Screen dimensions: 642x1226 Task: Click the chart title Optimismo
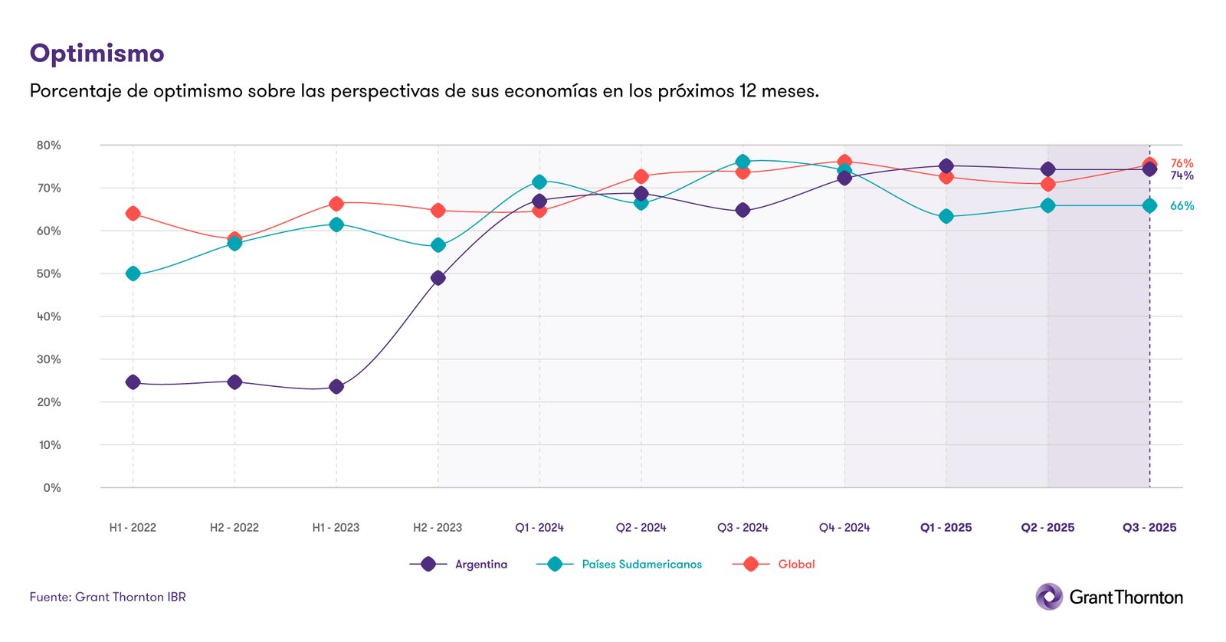97,54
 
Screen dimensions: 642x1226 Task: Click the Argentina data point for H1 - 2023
336,387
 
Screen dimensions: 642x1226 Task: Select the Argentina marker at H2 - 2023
438,278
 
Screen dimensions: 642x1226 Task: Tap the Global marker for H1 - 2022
133,214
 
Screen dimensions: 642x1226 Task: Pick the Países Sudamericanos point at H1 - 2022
133,274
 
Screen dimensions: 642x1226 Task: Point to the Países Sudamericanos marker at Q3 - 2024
742,162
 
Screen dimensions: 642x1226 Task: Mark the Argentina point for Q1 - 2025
946,166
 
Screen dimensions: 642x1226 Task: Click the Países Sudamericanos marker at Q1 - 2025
946,217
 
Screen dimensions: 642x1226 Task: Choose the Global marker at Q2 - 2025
1048,185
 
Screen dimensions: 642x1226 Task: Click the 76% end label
1182,163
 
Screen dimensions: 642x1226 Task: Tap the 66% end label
1182,206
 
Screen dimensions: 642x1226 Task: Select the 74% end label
1182,176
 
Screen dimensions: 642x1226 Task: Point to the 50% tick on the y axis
49,274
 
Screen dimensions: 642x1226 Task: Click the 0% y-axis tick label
52,488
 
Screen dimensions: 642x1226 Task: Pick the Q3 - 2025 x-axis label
1149,528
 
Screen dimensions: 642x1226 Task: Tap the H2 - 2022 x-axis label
234,528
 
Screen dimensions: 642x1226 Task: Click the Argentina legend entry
480,565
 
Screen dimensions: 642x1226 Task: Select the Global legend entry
796,565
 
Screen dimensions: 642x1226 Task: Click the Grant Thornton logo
1109,597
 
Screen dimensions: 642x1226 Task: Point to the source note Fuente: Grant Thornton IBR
108,597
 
